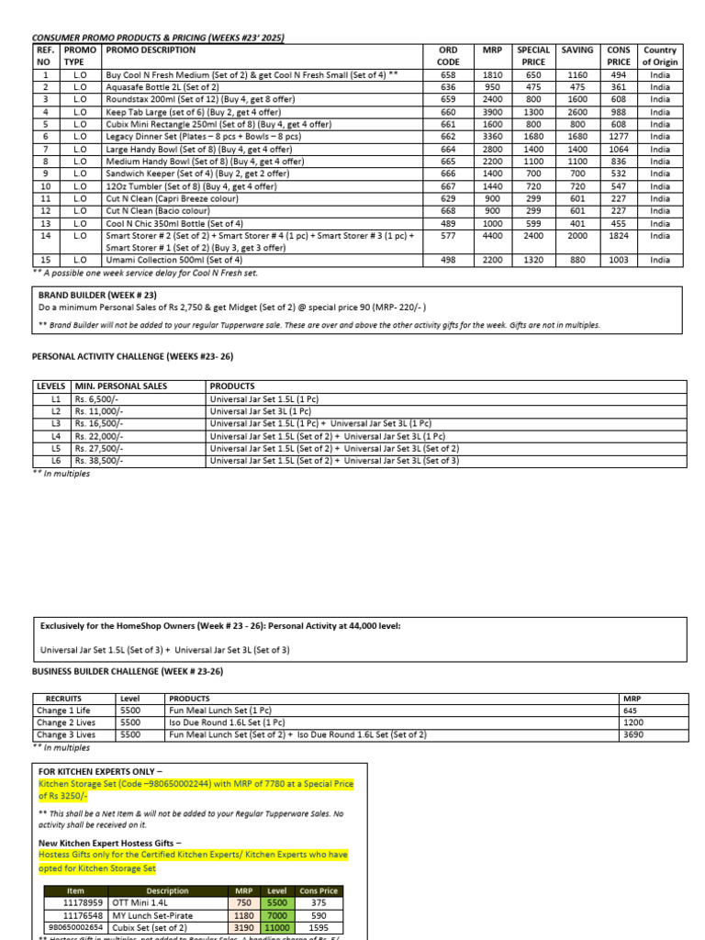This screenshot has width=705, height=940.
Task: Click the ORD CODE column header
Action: tap(448, 56)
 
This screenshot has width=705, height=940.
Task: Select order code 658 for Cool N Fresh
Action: tap(448, 75)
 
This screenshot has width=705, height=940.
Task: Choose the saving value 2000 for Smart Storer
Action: tap(577, 236)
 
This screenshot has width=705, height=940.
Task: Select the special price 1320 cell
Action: tap(533, 261)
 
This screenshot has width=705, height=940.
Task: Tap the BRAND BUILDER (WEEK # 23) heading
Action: tap(96, 295)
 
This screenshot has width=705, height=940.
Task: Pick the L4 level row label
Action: tap(55, 437)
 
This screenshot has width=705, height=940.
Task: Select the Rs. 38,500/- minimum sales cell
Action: tap(99, 461)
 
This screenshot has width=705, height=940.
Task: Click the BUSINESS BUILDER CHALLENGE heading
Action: tap(128, 672)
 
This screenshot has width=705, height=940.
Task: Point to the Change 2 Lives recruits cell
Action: tap(66, 722)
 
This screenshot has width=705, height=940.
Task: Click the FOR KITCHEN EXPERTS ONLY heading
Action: tap(101, 771)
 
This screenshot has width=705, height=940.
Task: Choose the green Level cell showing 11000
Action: tap(276, 928)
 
